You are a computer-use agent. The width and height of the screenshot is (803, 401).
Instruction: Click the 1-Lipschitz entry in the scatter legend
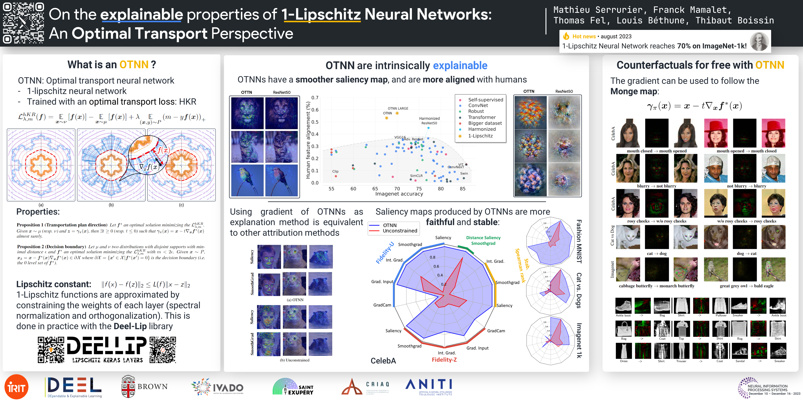pos(480,136)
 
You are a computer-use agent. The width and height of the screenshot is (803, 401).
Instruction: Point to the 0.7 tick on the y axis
pos(315,98)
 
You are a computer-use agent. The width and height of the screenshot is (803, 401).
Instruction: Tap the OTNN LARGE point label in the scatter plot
pos(398,108)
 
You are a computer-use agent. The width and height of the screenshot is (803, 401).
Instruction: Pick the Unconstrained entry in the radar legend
pos(400,231)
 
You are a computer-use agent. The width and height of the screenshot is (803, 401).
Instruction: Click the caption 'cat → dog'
pos(657,253)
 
